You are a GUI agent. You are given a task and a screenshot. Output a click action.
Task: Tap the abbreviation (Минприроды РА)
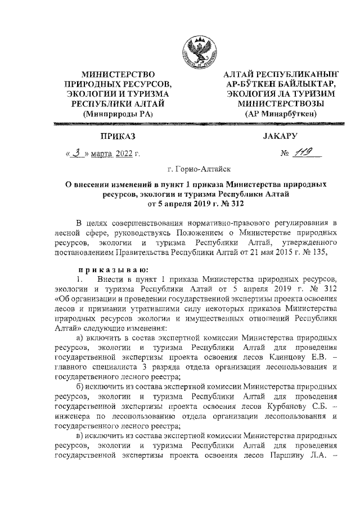coord(118,114)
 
